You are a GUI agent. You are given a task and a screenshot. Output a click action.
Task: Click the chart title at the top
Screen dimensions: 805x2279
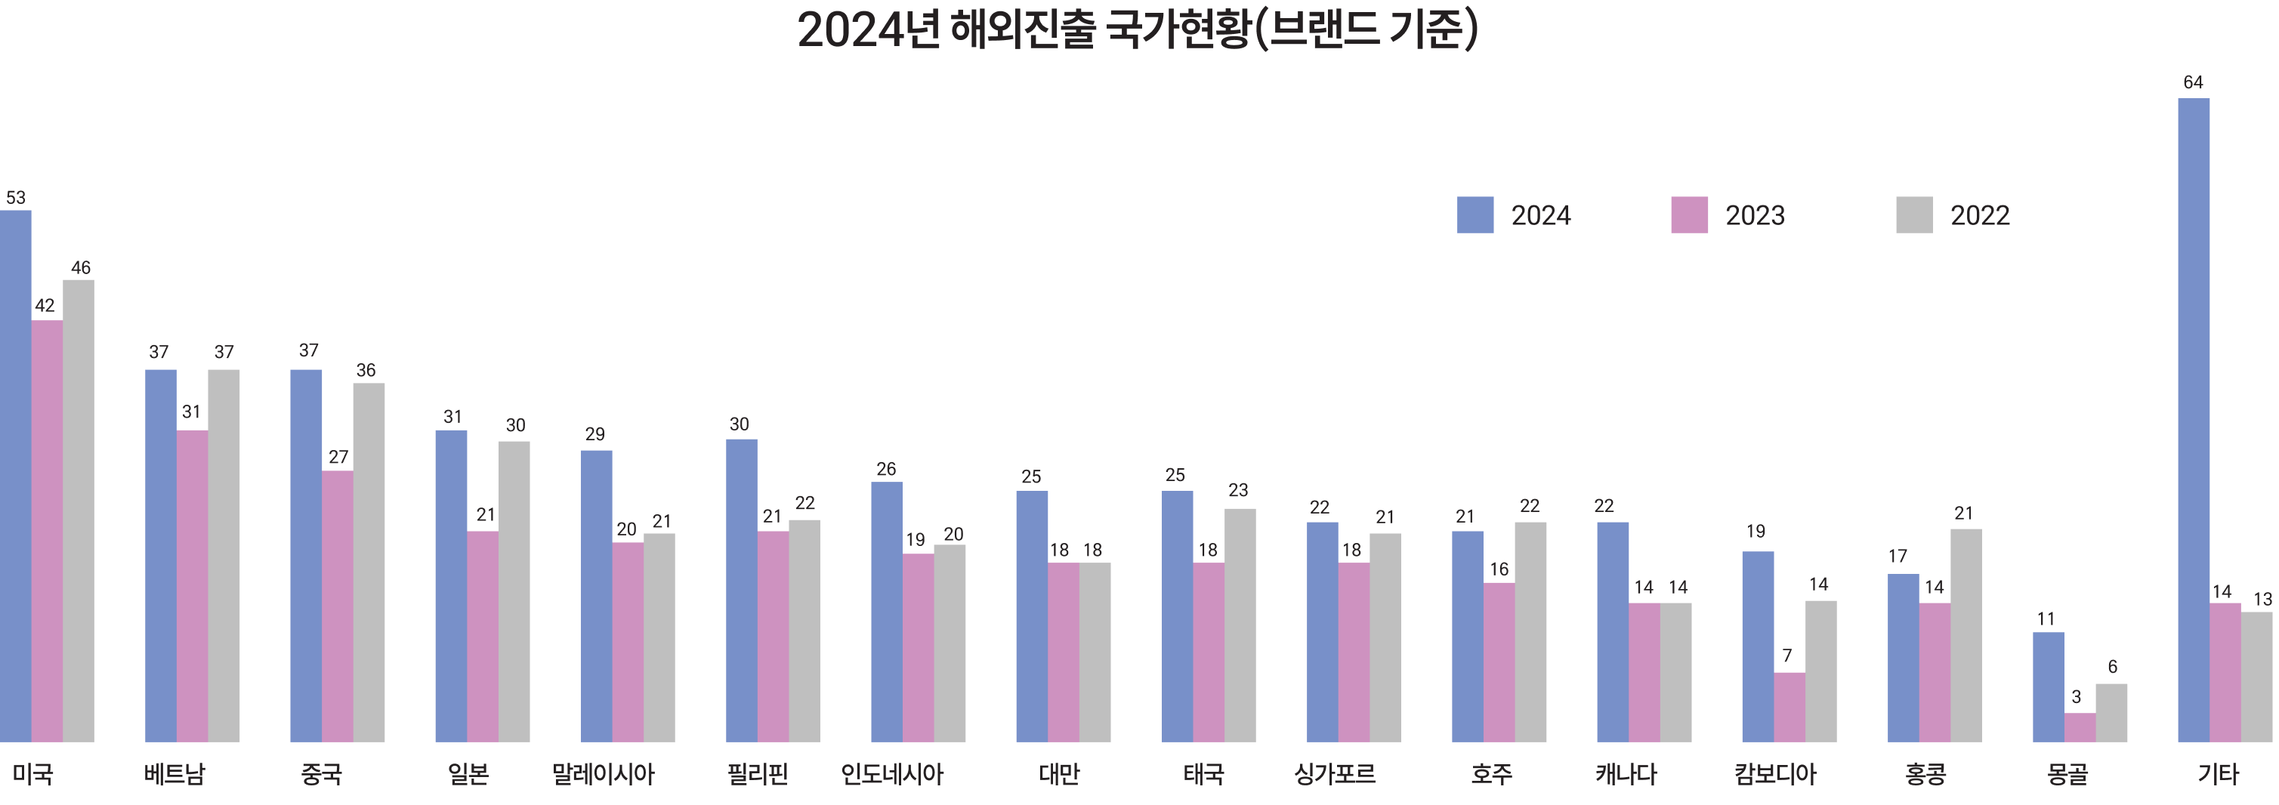pos(1138,29)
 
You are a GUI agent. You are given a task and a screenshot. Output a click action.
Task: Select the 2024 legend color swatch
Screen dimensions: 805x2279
pos(1475,215)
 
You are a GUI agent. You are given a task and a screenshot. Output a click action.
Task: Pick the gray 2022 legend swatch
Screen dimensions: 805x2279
pos(1913,215)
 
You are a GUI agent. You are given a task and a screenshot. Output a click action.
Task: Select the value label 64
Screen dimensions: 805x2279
pos(2193,82)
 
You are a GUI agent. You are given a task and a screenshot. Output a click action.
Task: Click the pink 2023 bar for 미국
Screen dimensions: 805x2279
pos(47,531)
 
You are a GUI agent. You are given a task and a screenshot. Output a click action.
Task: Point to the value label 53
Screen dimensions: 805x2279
pos(16,197)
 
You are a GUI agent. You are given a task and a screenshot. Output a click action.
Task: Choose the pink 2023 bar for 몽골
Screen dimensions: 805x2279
pos(2080,727)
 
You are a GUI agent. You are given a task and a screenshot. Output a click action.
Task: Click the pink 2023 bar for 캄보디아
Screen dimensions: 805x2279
pos(1789,707)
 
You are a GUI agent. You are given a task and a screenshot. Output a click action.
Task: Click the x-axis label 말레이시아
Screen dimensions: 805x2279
pos(603,774)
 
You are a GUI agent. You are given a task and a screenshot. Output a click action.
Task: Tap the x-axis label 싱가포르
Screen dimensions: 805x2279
pos(1335,774)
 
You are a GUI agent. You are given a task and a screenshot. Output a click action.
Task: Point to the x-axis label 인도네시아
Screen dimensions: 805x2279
pos(892,774)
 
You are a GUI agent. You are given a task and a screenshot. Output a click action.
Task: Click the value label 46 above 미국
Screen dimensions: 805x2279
pos(81,267)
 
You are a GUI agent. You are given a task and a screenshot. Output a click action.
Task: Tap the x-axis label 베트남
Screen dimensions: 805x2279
pos(174,774)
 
